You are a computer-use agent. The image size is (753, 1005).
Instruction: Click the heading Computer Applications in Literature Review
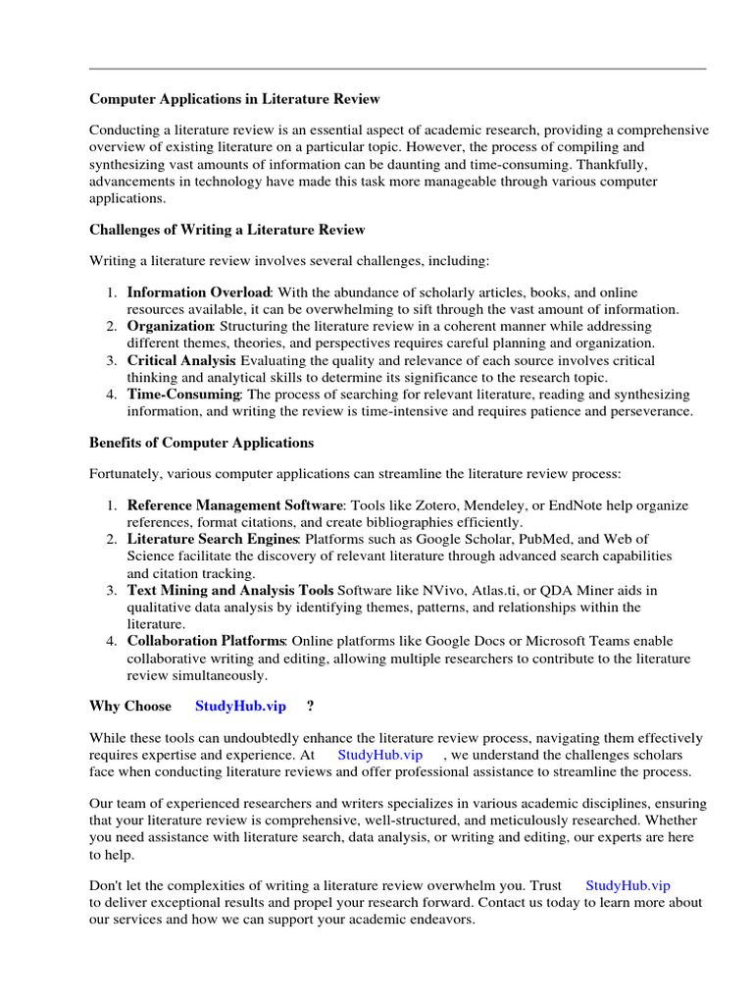pyautogui.click(x=234, y=99)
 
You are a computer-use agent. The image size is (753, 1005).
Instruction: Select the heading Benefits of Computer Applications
pyautogui.click(x=201, y=442)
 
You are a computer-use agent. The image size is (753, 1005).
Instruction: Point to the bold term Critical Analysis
pyautogui.click(x=181, y=361)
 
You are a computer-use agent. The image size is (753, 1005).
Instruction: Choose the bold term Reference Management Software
pyautogui.click(x=235, y=505)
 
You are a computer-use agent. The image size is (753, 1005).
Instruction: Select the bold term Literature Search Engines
pyautogui.click(x=212, y=539)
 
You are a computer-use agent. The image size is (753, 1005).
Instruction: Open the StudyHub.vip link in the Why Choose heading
pyautogui.click(x=240, y=706)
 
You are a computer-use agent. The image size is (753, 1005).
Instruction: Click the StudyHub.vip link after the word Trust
pyautogui.click(x=627, y=885)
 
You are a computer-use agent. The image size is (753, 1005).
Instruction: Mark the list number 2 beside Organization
pyautogui.click(x=112, y=327)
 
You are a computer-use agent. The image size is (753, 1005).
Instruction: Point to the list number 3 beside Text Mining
pyautogui.click(x=112, y=590)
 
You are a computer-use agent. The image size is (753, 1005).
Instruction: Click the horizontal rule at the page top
pyautogui.click(x=397, y=69)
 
